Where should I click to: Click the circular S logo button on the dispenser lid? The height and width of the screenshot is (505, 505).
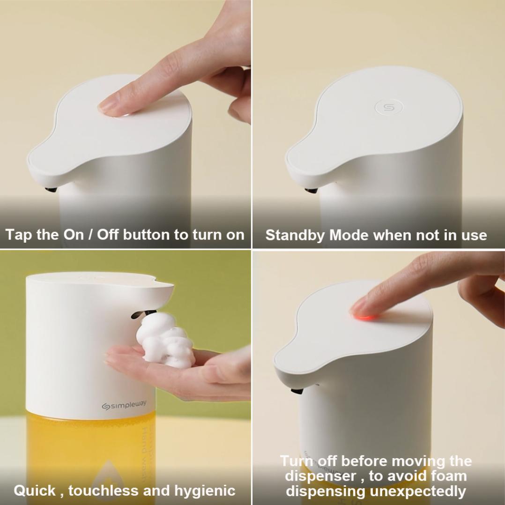pos(389,107)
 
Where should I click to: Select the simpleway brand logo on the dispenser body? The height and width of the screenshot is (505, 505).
pos(124,405)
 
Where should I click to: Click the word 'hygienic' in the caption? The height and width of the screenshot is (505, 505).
pos(205,491)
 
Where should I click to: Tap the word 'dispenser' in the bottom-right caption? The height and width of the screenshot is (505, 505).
pos(320,476)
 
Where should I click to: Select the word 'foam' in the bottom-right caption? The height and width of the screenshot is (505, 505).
pos(448,475)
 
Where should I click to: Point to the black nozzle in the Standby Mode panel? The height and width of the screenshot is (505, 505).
pos(311,190)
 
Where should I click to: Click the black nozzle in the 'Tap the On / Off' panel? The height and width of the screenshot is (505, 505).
pos(51,190)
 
